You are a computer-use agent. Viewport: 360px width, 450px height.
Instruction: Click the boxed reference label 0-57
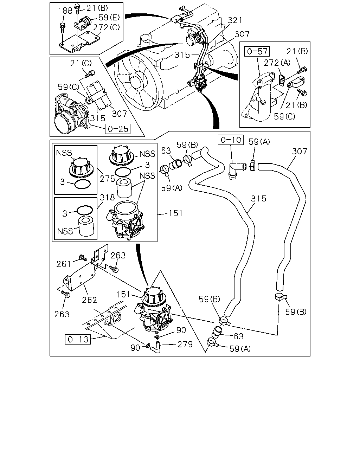click(x=257, y=51)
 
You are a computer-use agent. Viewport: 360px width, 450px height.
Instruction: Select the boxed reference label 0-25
click(x=117, y=129)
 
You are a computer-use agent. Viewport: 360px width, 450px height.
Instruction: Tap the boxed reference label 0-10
click(x=231, y=140)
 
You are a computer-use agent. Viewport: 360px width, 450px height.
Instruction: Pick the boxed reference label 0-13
click(x=78, y=339)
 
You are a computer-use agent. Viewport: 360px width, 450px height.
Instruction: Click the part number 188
click(x=65, y=11)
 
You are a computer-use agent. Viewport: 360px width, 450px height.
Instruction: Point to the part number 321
click(x=235, y=20)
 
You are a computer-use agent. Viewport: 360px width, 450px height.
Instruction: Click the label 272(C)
click(x=107, y=27)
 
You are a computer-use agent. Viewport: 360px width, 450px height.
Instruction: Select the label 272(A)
click(x=277, y=63)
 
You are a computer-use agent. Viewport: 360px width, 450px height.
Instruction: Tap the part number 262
click(x=89, y=300)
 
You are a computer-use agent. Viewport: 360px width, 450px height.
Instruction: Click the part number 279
click(x=185, y=345)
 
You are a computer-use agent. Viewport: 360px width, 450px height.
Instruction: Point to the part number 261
click(x=64, y=264)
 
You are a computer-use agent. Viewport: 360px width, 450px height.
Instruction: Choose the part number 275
click(x=107, y=179)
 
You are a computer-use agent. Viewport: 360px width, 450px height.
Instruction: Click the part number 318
click(x=107, y=197)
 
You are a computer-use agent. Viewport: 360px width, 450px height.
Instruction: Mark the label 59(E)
click(x=109, y=18)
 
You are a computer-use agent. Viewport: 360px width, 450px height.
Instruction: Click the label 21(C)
click(x=81, y=63)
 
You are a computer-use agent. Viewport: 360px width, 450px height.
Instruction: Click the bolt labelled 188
click(x=62, y=28)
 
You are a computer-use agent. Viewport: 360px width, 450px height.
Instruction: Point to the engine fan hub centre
click(x=137, y=80)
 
